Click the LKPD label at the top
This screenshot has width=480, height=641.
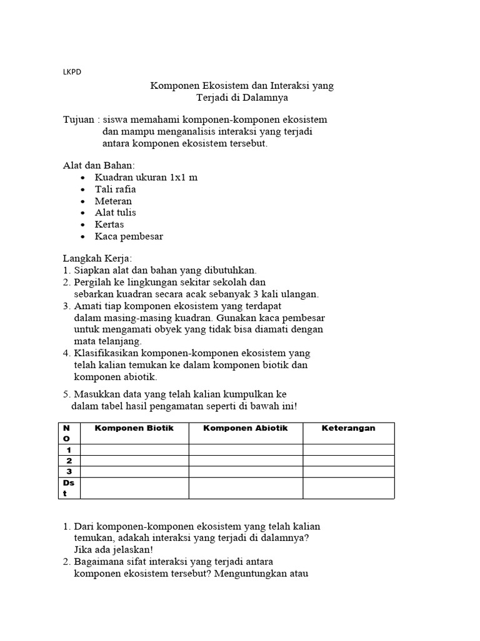point(72,71)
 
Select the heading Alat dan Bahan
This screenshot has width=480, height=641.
point(99,165)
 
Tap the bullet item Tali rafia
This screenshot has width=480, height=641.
point(115,189)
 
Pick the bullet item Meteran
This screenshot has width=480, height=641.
point(113,201)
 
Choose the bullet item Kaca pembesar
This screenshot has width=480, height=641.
point(129,236)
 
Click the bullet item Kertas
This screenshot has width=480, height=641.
point(109,224)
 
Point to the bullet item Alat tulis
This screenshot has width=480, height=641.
point(115,212)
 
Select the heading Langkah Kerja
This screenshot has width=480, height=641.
point(97,259)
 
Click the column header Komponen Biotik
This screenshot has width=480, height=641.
point(134,428)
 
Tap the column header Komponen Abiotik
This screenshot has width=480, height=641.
point(246,428)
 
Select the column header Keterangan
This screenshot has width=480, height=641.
point(348,428)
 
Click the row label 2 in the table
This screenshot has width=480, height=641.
point(69,461)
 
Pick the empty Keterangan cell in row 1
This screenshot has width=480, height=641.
point(348,449)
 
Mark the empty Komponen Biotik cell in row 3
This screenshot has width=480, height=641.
point(134,471)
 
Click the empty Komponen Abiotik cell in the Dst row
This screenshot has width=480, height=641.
point(246,488)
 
